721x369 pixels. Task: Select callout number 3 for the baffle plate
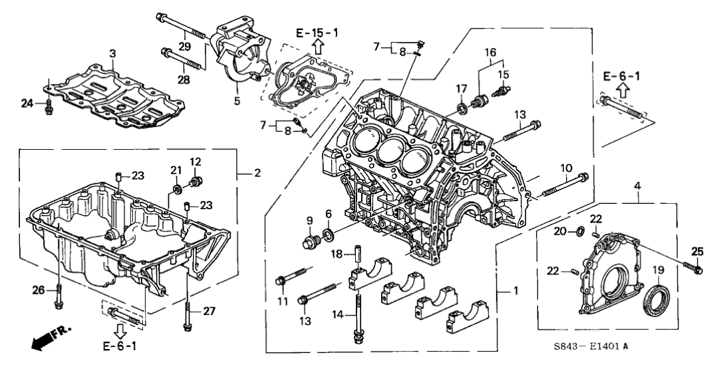pyautogui.click(x=112, y=53)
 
